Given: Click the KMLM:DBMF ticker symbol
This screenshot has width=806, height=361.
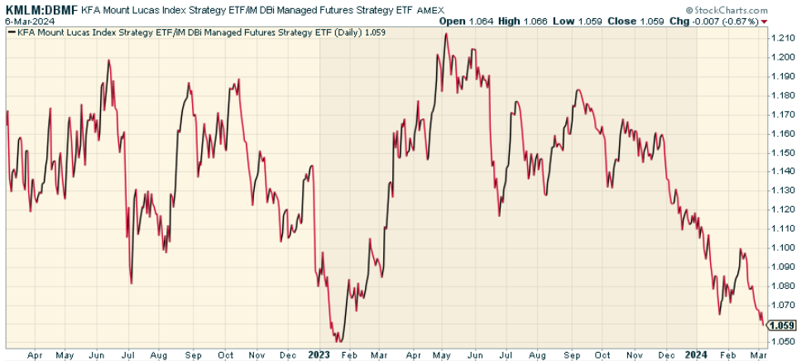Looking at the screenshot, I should [x=40, y=7].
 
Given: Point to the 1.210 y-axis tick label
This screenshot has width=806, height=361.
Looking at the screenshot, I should [x=782, y=38].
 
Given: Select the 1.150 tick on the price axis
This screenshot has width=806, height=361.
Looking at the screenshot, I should [x=782, y=153].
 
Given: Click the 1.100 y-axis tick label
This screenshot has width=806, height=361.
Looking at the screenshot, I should [x=782, y=248].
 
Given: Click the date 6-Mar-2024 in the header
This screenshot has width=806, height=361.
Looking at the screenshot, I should [x=25, y=20].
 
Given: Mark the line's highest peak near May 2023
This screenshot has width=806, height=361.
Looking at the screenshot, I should [x=445, y=34].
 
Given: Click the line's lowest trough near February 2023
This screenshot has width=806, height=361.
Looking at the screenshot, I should [x=338, y=341].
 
